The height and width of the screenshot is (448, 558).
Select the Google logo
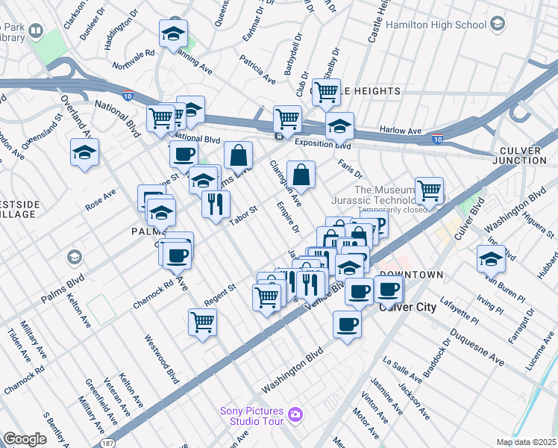tap(25, 439)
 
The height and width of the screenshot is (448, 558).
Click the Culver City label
tap(407, 307)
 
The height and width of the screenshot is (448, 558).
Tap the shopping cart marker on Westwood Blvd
tap(203, 323)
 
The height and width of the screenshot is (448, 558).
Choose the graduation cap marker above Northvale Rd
tap(173, 34)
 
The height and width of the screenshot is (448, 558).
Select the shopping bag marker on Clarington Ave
tap(301, 175)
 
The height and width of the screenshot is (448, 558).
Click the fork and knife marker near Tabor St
tap(216, 203)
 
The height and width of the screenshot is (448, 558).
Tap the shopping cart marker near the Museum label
tap(429, 190)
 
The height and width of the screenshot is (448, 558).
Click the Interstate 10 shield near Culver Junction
tap(437, 138)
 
